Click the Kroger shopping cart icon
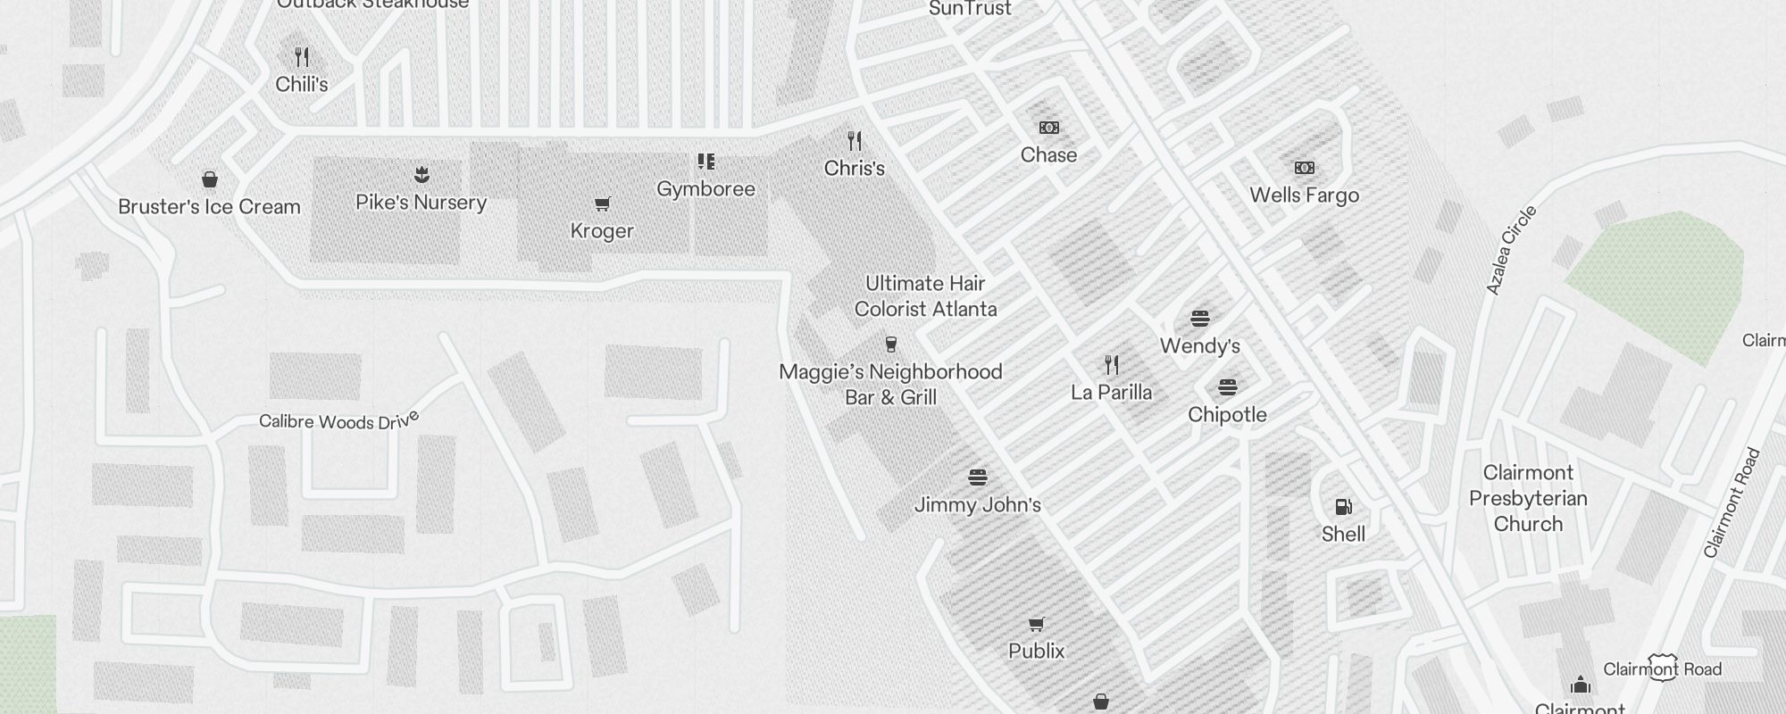click(x=603, y=204)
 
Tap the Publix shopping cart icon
click(x=1037, y=624)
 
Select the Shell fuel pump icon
click(x=1343, y=507)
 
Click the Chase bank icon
click(x=1049, y=129)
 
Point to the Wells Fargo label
click(x=1304, y=195)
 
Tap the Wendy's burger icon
click(x=1200, y=319)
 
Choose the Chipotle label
click(x=1227, y=415)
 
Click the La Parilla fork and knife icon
click(x=1112, y=365)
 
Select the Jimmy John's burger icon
click(x=978, y=477)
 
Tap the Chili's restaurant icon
click(x=302, y=58)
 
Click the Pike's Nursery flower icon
click(x=421, y=175)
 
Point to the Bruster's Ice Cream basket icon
click(x=210, y=179)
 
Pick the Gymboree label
click(x=705, y=189)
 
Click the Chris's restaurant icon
click(x=855, y=141)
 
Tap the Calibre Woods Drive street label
click(x=338, y=420)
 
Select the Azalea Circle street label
click(x=1511, y=251)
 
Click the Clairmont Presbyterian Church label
click(x=1528, y=498)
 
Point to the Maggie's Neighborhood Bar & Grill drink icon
click(x=890, y=345)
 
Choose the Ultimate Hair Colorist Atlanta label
click(x=925, y=296)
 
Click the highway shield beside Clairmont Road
click(x=1663, y=668)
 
